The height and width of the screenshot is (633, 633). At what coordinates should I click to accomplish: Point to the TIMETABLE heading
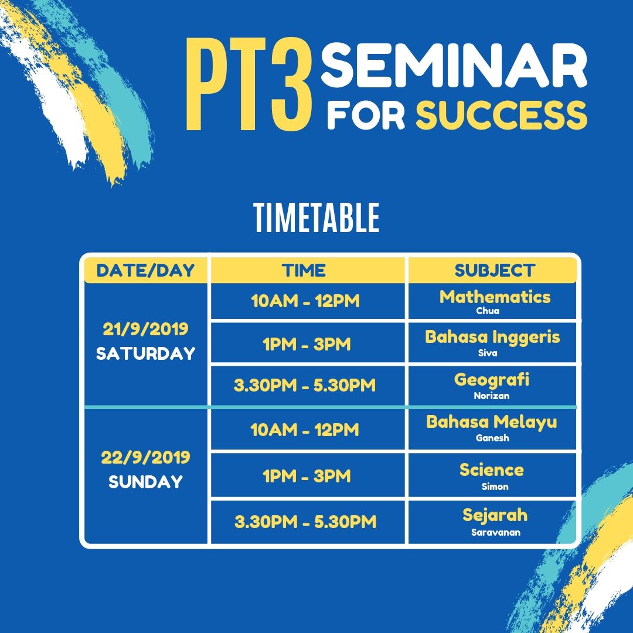pyautogui.click(x=317, y=217)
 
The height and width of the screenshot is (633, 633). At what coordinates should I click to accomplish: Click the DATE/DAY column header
pyautogui.click(x=145, y=270)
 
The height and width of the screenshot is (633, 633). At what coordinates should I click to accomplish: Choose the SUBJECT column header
pyautogui.click(x=495, y=270)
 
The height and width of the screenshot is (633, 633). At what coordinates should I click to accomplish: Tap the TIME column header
pyautogui.click(x=304, y=270)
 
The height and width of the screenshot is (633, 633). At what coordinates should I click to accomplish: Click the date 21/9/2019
pyautogui.click(x=145, y=329)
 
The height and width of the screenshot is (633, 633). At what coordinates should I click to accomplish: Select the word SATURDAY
pyautogui.click(x=145, y=353)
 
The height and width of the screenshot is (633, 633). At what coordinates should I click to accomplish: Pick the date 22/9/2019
pyautogui.click(x=145, y=457)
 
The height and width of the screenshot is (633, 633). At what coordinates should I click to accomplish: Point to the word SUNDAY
pyautogui.click(x=145, y=482)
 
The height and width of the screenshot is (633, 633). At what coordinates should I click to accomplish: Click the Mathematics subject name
pyautogui.click(x=495, y=297)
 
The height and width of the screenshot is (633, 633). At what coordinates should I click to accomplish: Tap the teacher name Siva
pyautogui.click(x=488, y=353)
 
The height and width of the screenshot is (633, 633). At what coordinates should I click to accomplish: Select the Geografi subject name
pyautogui.click(x=491, y=380)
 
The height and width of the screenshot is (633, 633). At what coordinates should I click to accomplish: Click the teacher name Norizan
pyautogui.click(x=491, y=396)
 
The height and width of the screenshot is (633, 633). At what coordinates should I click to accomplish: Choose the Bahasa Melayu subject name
pyautogui.click(x=491, y=422)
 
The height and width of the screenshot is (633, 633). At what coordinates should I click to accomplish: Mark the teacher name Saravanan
pyautogui.click(x=496, y=532)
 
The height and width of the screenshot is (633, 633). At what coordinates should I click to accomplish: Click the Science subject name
pyautogui.click(x=491, y=469)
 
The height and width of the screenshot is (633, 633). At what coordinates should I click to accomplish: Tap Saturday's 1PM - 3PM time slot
pyautogui.click(x=307, y=345)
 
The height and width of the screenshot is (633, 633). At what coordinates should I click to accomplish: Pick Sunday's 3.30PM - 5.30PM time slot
pyautogui.click(x=305, y=522)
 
